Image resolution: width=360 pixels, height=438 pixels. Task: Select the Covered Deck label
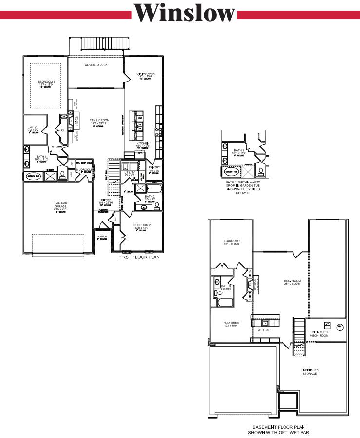[95, 65]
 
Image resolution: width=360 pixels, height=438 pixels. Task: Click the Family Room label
[99, 120]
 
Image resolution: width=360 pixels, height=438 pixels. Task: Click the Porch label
[102, 237]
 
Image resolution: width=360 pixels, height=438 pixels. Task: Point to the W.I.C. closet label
[34, 128]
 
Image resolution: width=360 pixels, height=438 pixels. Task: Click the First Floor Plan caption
[138, 257]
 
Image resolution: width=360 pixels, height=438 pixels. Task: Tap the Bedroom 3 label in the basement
[232, 241]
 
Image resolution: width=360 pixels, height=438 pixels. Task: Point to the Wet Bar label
[264, 330]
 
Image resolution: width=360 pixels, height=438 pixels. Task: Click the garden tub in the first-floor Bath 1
[34, 176]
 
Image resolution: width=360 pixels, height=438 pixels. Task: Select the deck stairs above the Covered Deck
[104, 44]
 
